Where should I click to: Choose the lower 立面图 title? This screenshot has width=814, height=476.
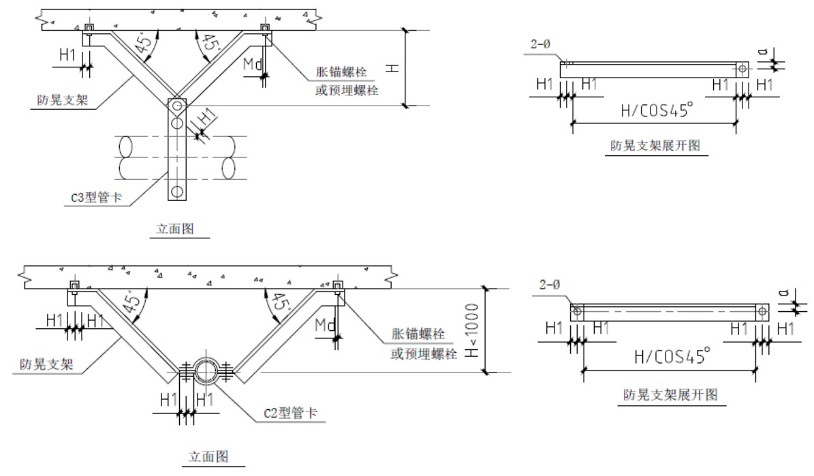(208, 456)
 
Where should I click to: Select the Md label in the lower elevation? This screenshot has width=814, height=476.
(325, 328)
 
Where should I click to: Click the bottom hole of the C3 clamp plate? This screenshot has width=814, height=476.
(176, 191)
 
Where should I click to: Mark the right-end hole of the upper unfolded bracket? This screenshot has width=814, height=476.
(741, 68)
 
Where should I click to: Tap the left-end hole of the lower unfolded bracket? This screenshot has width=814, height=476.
(577, 311)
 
